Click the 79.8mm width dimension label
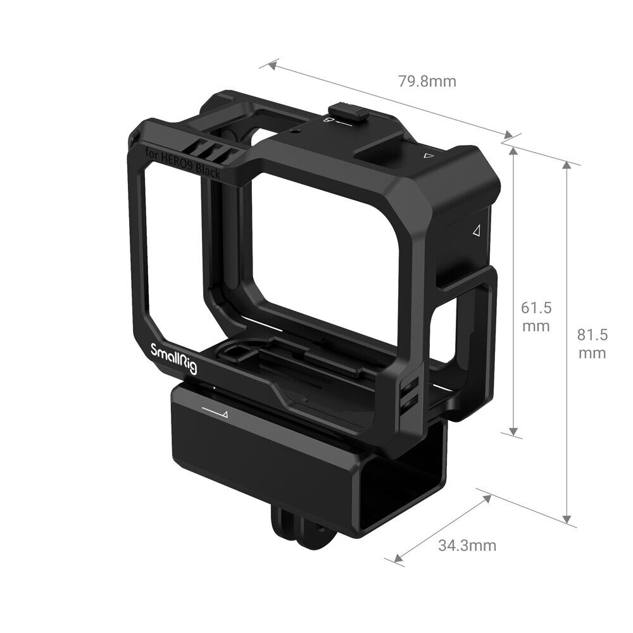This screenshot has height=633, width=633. [x=427, y=81]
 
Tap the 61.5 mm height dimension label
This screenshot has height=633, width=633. [x=536, y=316]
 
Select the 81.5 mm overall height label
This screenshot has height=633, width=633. [x=592, y=343]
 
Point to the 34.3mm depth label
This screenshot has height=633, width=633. [x=467, y=545]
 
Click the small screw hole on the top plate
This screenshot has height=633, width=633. [x=296, y=134]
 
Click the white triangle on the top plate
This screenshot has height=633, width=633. [x=429, y=154]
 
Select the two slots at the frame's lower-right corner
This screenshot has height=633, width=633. [x=411, y=393]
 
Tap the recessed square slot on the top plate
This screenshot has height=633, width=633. [x=380, y=150]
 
